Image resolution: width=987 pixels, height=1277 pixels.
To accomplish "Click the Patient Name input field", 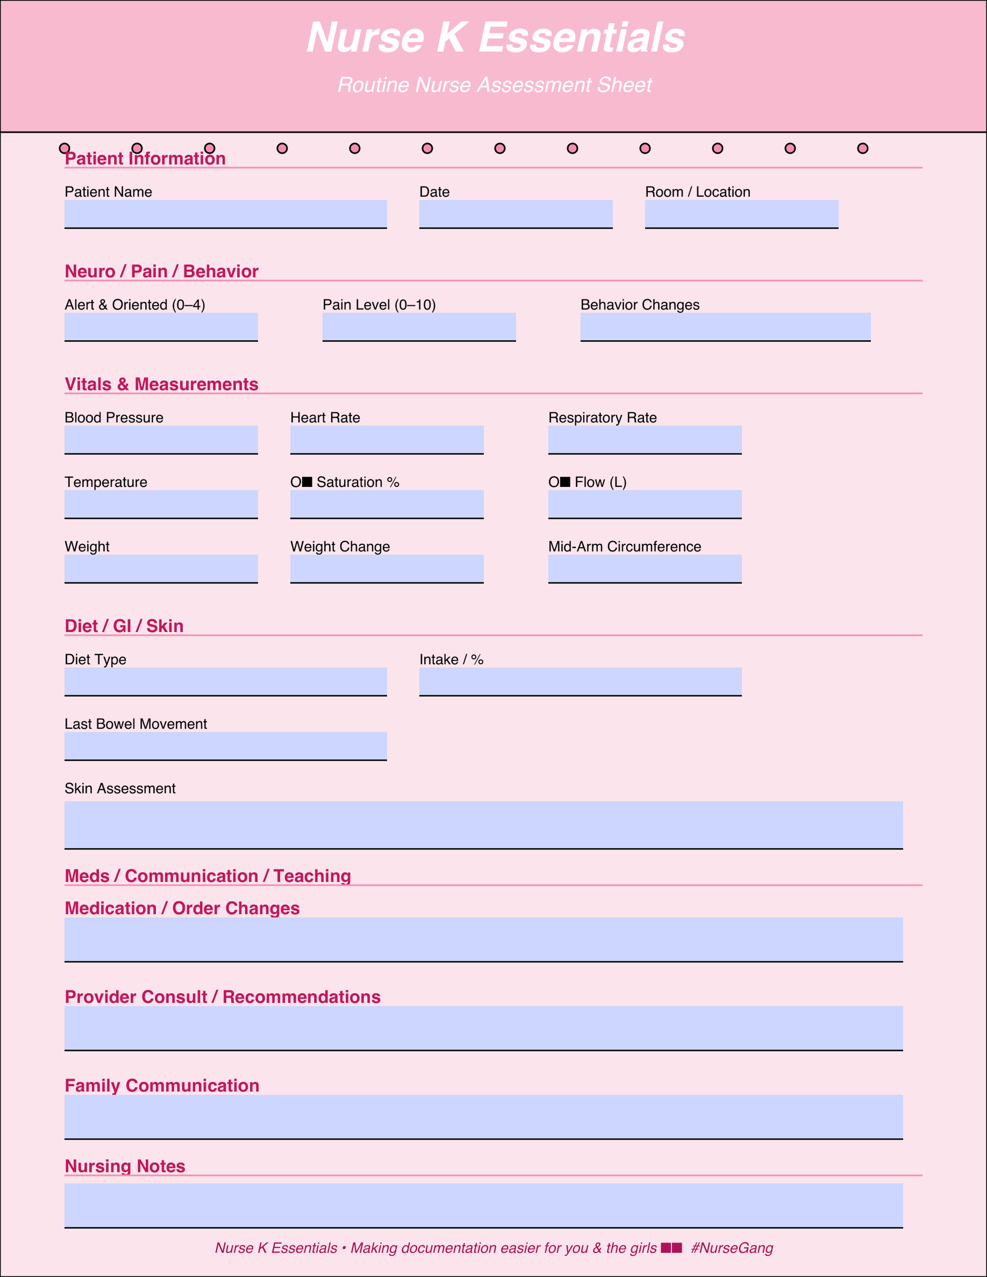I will [x=225, y=214].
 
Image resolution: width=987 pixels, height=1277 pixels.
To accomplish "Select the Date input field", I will [x=516, y=214].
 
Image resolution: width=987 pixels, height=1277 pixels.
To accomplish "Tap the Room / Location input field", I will [x=741, y=214].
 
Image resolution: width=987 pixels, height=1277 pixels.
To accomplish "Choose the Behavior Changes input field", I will [x=725, y=327].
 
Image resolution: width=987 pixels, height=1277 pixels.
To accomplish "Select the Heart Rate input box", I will [x=387, y=440].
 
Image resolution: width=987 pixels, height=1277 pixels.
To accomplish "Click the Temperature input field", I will [x=161, y=504].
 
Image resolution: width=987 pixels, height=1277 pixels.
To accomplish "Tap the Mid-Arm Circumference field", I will [x=644, y=568].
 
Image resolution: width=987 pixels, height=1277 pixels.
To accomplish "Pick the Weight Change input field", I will [x=387, y=568].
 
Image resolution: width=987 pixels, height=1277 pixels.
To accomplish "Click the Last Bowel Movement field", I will [x=225, y=746].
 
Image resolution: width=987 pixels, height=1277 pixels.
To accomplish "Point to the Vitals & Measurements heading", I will [x=161, y=384].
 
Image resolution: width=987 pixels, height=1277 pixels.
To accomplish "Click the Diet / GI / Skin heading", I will [x=124, y=626].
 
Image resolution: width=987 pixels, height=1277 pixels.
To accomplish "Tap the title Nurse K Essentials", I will [x=495, y=38].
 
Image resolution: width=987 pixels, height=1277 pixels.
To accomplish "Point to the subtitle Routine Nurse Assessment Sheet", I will [x=495, y=85].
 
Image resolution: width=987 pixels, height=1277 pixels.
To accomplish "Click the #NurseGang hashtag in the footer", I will [x=732, y=1248].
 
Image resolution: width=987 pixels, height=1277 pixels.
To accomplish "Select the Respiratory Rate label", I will [x=602, y=418].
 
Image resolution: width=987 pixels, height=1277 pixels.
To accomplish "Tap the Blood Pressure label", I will [x=114, y=418].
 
